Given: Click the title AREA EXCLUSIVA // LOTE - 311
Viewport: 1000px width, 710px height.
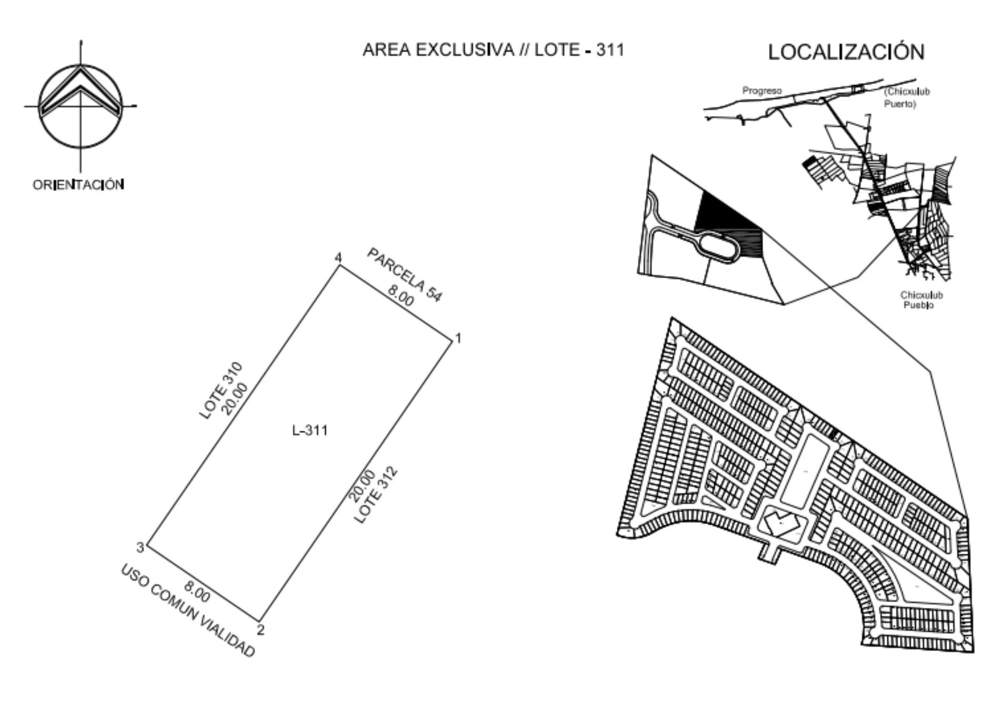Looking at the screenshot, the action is click(493, 50).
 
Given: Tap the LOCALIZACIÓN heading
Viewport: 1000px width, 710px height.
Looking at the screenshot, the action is click(846, 52).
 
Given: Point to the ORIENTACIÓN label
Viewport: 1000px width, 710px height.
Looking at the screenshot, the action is click(78, 185).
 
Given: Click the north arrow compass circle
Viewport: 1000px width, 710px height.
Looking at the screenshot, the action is click(81, 65).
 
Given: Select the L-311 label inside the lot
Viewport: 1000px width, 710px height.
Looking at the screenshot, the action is click(310, 430).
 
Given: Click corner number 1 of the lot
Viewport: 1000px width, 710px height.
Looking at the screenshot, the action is click(458, 338).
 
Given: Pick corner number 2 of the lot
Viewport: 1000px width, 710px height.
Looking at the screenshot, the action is click(260, 630).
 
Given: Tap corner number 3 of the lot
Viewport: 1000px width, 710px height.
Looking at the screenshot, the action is click(140, 547).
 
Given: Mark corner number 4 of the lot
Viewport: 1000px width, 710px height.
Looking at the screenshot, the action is click(338, 258).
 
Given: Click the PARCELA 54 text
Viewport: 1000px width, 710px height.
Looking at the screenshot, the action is click(404, 275).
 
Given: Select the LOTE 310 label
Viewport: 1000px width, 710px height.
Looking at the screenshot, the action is click(221, 390).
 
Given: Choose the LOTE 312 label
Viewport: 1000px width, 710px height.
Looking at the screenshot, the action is click(375, 495).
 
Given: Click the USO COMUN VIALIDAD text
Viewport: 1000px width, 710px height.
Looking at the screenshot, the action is click(188, 611).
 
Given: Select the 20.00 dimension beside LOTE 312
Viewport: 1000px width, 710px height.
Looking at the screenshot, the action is click(362, 486).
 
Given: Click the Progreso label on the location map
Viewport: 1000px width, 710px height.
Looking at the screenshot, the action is click(762, 90).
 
